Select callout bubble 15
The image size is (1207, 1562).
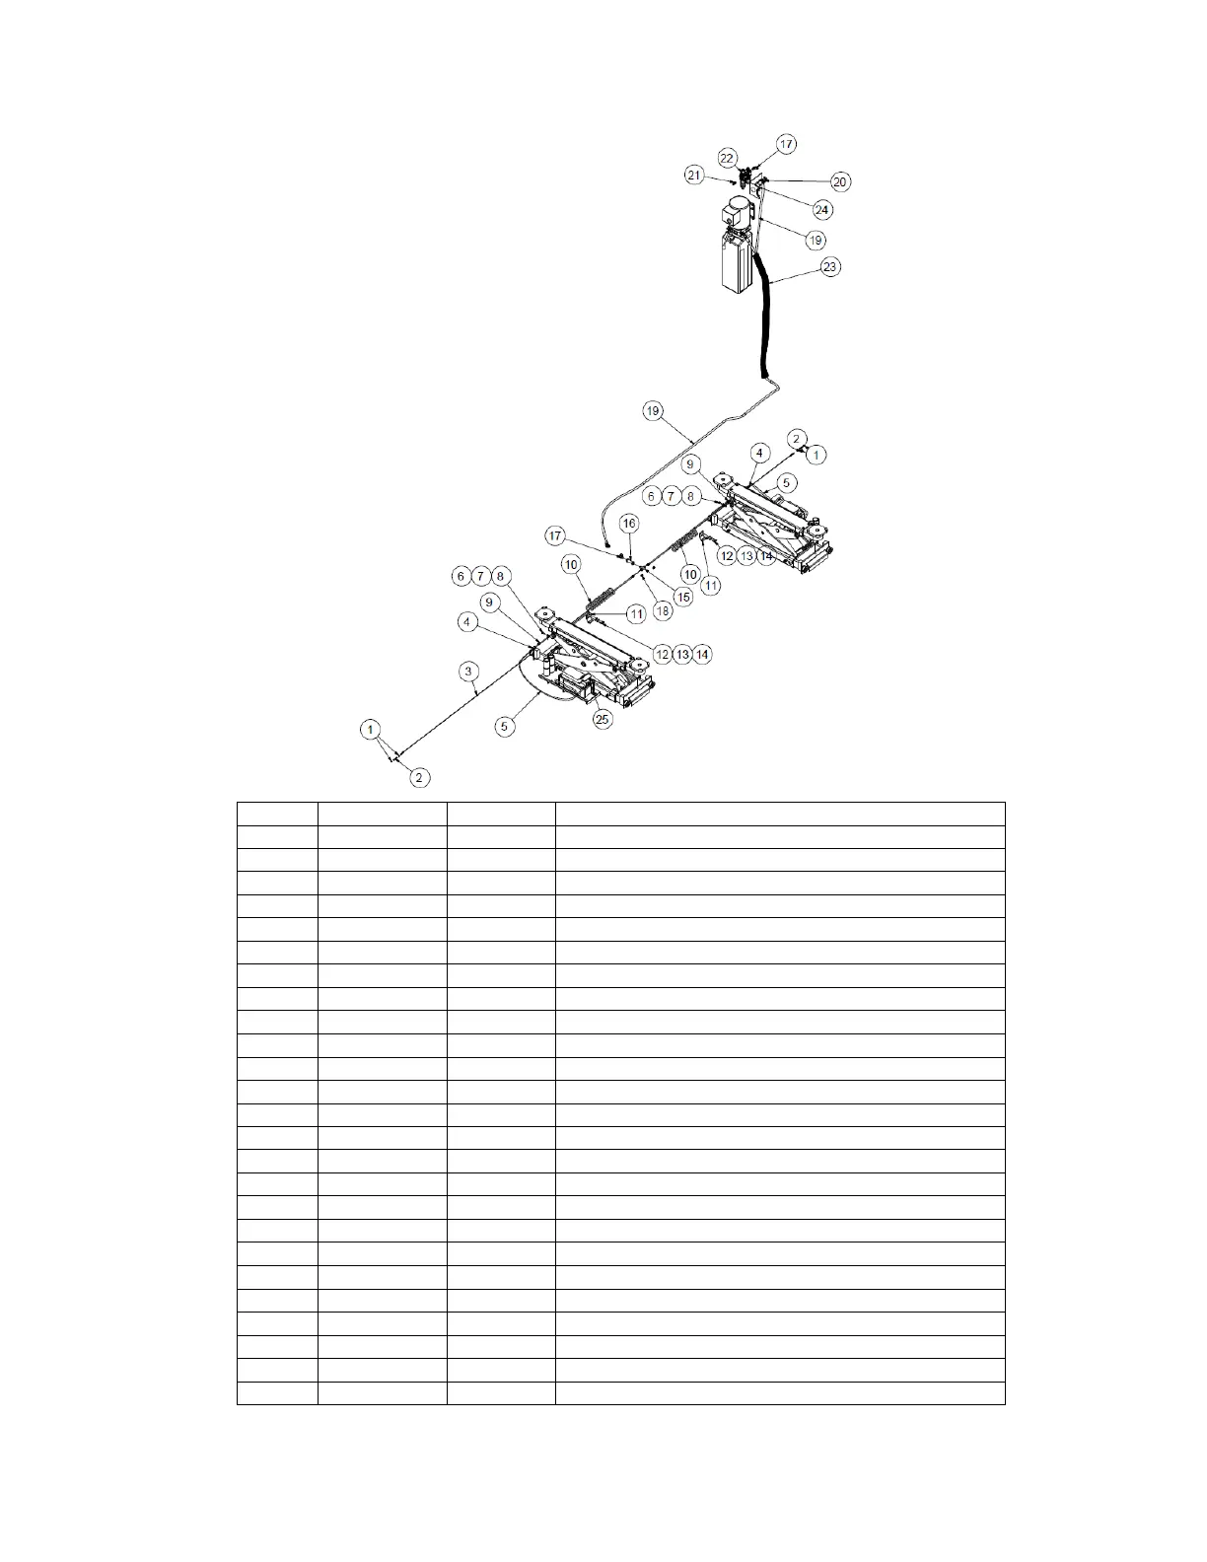(x=682, y=597)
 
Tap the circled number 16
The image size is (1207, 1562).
(x=629, y=523)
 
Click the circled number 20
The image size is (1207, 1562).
(x=840, y=181)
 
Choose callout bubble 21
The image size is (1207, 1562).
(x=694, y=176)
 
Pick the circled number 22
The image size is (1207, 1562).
(x=727, y=158)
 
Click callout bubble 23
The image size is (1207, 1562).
(x=831, y=267)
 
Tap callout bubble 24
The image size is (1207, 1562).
(x=821, y=209)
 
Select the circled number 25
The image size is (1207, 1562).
(x=603, y=719)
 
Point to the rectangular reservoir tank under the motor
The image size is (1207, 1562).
(x=737, y=261)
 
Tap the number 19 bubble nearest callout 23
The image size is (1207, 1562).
(x=816, y=240)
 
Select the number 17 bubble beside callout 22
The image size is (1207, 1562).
(x=786, y=144)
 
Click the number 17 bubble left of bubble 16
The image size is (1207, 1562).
(x=556, y=535)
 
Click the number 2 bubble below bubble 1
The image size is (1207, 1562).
(x=419, y=778)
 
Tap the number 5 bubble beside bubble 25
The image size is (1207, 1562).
(x=505, y=726)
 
